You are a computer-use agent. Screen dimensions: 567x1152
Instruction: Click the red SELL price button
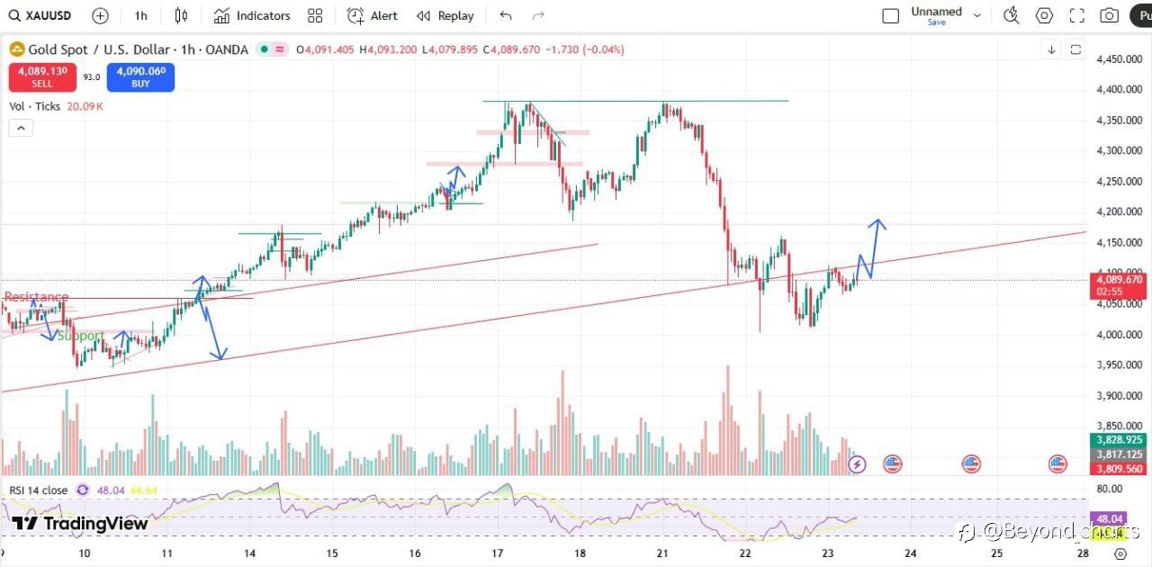point(42,76)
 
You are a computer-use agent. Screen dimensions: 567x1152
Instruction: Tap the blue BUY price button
point(140,76)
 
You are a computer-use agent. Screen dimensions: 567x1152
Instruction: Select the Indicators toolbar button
point(252,15)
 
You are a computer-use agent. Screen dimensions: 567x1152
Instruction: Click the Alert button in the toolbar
point(373,15)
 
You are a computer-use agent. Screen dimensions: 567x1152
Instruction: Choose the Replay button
point(445,15)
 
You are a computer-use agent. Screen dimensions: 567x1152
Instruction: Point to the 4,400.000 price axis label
point(1119,90)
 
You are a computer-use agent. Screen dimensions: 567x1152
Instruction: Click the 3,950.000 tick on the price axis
point(1119,364)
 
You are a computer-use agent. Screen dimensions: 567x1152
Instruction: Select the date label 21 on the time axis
point(662,553)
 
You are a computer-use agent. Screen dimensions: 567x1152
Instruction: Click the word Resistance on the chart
point(36,297)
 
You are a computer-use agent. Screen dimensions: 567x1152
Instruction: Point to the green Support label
point(81,336)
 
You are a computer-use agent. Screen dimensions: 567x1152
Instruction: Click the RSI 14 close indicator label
point(38,490)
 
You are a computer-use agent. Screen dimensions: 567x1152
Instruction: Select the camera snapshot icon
point(1110,15)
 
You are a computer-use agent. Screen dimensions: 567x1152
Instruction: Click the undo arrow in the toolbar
point(506,15)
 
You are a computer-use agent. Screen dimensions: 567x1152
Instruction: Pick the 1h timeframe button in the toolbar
point(140,15)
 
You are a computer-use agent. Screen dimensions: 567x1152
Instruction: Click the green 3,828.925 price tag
point(1119,439)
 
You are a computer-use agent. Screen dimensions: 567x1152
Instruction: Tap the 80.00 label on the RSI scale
point(1111,489)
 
